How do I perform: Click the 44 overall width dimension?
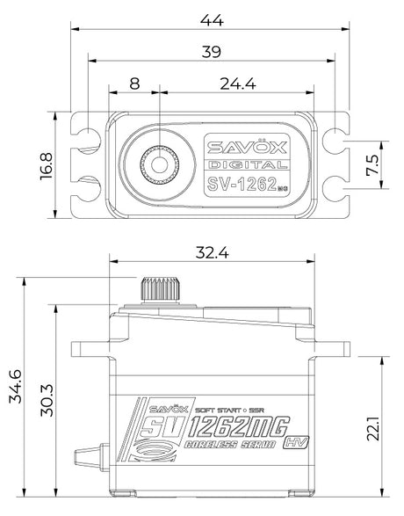click(212, 20)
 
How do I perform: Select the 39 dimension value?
click(212, 52)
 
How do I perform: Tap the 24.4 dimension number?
click(238, 84)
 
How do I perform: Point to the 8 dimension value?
click(134, 84)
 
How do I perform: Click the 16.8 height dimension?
click(47, 166)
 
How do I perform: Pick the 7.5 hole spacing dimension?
click(372, 165)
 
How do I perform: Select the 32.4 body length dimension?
click(212, 253)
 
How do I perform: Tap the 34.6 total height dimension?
click(16, 386)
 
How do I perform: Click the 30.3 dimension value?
click(47, 400)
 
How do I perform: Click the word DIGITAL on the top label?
click(247, 164)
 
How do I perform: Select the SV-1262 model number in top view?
click(242, 185)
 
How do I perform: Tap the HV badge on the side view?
click(295, 443)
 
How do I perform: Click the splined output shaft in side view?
click(161, 289)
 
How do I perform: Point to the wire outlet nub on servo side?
click(88, 455)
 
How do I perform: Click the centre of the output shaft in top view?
click(160, 164)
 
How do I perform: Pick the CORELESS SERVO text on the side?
click(230, 444)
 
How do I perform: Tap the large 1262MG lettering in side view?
click(239, 427)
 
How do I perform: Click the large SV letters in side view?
click(162, 427)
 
